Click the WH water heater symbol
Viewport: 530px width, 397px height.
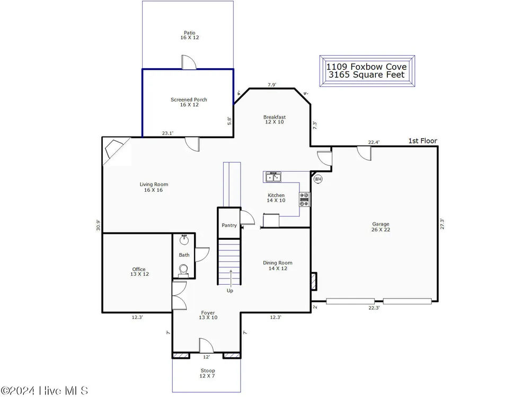[317, 179]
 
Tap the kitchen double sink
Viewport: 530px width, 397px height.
[273, 177]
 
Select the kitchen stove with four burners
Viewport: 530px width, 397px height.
[304, 200]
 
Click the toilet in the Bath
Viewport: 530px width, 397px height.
[183, 270]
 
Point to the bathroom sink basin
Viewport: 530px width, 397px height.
[184, 240]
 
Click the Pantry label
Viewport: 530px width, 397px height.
[229, 225]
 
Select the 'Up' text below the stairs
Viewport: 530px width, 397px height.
[230, 290]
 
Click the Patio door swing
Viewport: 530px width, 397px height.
[189, 62]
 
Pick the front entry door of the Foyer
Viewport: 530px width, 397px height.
[206, 345]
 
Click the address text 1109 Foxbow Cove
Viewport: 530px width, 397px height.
[366, 67]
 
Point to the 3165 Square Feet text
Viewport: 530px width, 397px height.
[366, 75]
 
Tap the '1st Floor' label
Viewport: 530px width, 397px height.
[422, 141]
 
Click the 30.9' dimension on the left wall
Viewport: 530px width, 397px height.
[98, 225]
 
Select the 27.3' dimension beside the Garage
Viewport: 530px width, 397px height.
[442, 224]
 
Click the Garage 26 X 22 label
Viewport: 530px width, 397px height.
[381, 227]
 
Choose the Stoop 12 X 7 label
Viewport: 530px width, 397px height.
[208, 373]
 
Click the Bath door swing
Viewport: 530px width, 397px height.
[202, 255]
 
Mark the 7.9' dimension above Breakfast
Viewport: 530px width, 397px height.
[272, 85]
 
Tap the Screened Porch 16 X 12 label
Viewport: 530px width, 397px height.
[189, 102]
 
